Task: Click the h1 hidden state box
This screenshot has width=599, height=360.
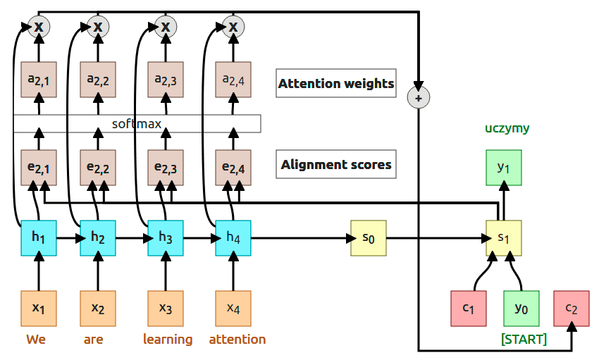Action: coord(39,238)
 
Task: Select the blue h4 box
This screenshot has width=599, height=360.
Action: coord(233,238)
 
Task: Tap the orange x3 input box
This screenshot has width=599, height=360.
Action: coord(166,308)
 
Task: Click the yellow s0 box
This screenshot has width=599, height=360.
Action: coord(369,238)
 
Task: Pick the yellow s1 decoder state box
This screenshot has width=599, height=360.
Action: coord(504,238)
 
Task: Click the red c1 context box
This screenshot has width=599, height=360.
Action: coord(469,308)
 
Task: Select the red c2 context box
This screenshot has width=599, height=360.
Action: coord(572,308)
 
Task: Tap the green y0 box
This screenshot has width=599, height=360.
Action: coord(521,308)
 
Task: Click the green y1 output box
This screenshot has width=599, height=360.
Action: coord(504,168)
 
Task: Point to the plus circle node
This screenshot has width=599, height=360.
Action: coord(419,99)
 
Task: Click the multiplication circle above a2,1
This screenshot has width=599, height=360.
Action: coord(38,27)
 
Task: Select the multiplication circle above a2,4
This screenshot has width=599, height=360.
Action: coord(233,27)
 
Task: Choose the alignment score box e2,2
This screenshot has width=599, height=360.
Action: coord(98,167)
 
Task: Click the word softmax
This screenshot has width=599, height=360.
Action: coord(137,124)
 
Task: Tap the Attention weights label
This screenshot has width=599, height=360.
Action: coord(336,84)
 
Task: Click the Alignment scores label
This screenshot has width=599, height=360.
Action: coord(336,165)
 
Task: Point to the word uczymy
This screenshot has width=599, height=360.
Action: coord(507,128)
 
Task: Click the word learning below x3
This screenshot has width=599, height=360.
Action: coord(168,340)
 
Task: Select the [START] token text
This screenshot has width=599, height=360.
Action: coord(524,340)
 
